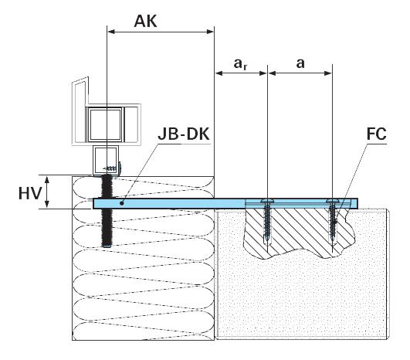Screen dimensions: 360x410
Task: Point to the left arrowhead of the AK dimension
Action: [x=110, y=32]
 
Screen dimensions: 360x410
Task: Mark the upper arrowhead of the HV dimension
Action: [x=48, y=178]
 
